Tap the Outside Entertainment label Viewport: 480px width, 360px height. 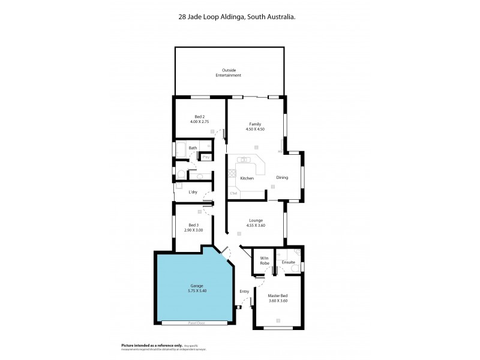228,73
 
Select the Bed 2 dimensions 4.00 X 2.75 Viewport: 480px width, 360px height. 200,122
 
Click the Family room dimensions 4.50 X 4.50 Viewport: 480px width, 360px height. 255,129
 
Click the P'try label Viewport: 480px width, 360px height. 206,157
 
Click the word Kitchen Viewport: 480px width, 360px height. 247,178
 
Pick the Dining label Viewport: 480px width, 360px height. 282,178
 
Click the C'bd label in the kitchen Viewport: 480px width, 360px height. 234,193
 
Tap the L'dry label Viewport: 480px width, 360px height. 193,192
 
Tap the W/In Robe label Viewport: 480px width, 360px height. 264,261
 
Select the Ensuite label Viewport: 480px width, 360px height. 288,262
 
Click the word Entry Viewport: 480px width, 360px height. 244,292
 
